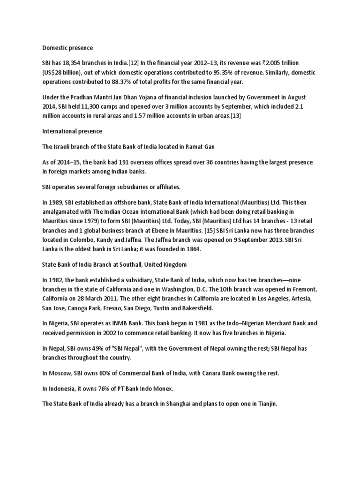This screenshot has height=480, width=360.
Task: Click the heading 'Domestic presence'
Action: pyautogui.click(x=67, y=48)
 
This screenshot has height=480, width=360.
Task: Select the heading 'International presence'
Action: pyautogui.click(x=72, y=131)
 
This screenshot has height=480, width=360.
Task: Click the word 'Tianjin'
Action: pyautogui.click(x=267, y=404)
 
